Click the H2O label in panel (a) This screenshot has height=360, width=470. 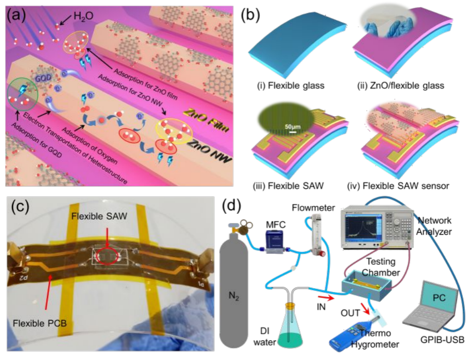tap(83, 18)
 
